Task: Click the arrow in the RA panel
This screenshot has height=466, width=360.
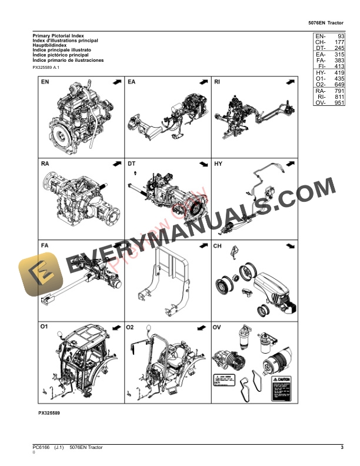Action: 115,164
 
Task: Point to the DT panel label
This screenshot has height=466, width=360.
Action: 132,164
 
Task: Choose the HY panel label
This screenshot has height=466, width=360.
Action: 218,164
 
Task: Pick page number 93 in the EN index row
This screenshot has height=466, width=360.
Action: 340,36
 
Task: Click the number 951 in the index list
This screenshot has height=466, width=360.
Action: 338,103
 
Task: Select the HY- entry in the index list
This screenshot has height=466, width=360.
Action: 321,72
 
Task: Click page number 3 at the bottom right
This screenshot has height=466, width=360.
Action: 342,448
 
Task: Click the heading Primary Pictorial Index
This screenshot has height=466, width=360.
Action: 58,36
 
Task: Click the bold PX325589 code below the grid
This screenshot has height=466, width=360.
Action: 49,414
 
